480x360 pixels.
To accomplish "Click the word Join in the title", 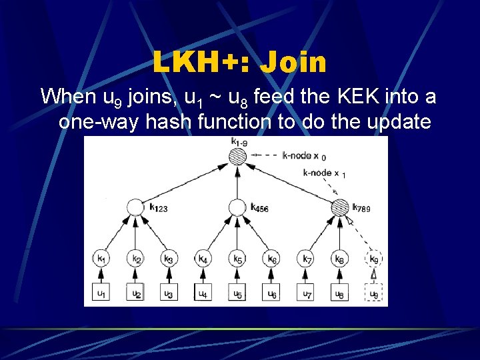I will point(294,62).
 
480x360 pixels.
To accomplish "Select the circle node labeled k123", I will point(135,207).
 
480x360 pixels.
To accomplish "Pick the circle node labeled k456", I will point(238,207).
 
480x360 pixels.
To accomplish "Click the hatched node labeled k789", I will point(341,207).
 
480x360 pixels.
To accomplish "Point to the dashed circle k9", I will point(375,258).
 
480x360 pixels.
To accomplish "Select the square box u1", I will point(101,293).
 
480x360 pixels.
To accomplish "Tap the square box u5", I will point(237,293).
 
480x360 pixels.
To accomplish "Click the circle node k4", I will point(203,258).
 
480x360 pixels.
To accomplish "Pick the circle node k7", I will point(306,258).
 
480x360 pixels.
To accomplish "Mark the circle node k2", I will point(135,258).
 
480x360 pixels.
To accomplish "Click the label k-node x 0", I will point(304,156).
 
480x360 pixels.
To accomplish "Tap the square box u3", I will point(169,293).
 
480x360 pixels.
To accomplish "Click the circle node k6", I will point(272,258).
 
